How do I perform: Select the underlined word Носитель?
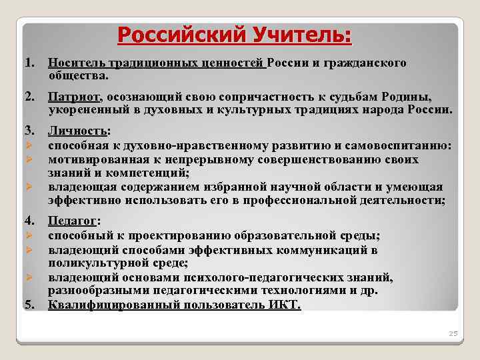tap(74, 63)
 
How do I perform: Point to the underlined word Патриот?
tap(73, 97)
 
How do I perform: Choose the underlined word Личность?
tap(77, 132)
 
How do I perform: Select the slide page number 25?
tap(453, 333)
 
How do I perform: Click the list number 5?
tap(29, 305)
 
